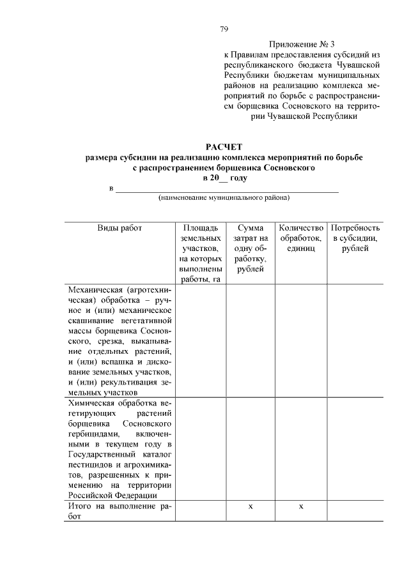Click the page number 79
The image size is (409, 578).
point(224,29)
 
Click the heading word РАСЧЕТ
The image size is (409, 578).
point(224,148)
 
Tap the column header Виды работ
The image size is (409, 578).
point(120,228)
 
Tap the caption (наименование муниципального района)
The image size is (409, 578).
point(224,199)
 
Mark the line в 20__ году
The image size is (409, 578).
point(224,178)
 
